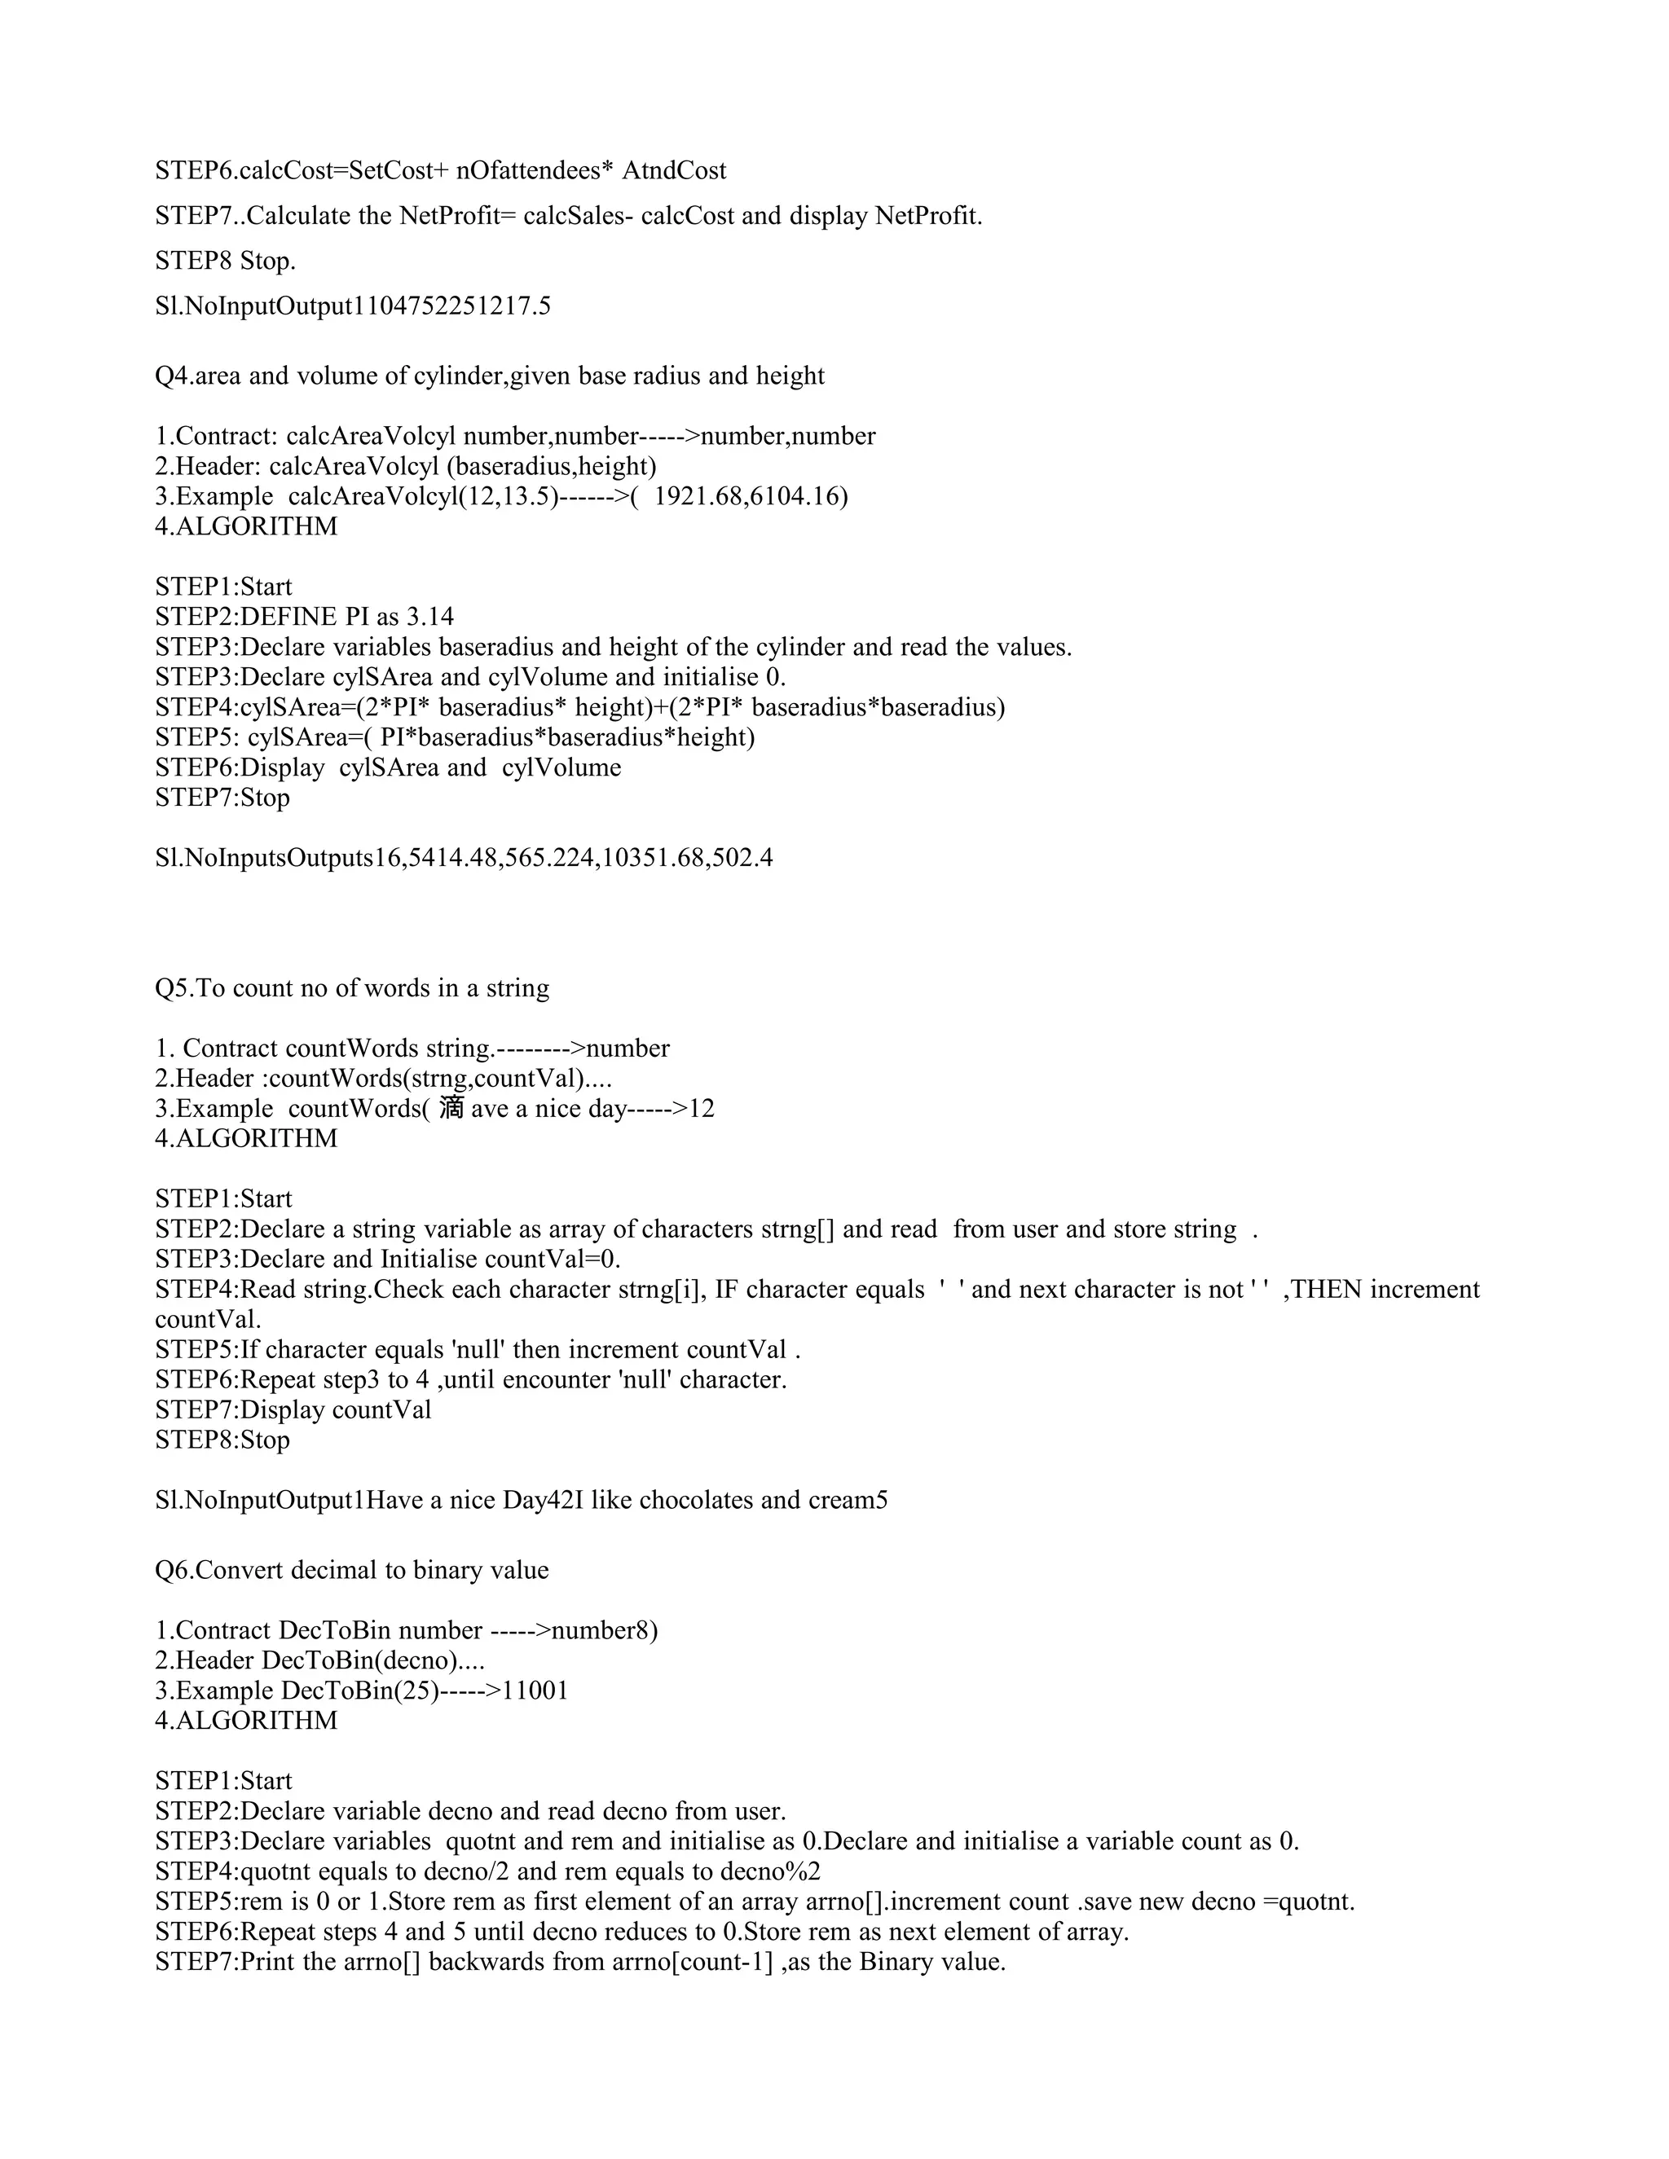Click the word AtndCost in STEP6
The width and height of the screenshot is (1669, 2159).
673,171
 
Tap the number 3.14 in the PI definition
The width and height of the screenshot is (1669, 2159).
430,617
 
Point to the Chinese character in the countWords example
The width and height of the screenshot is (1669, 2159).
451,1108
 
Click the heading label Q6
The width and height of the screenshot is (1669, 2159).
173,1571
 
